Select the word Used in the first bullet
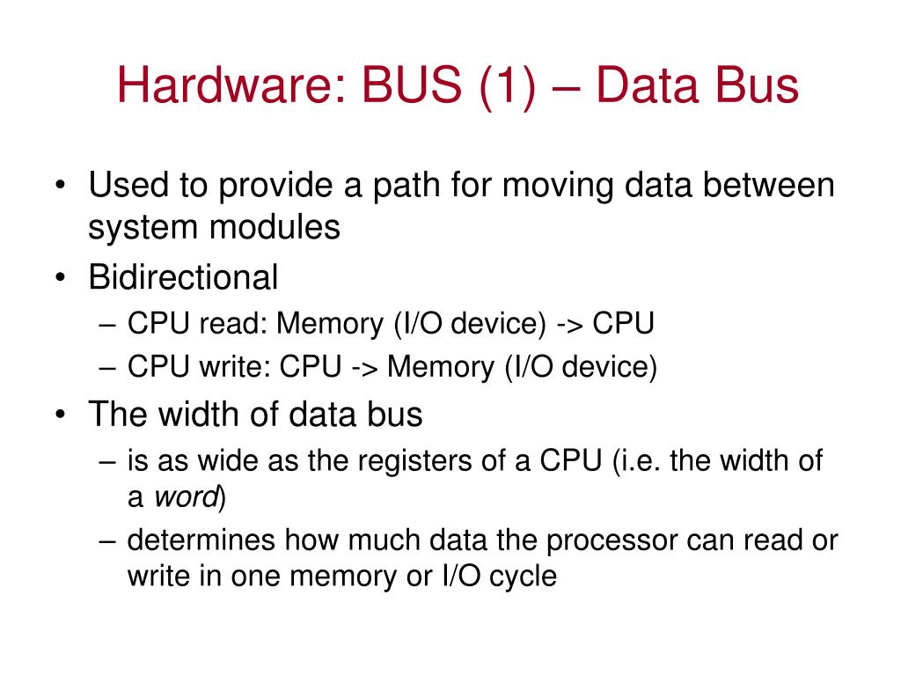pyautogui.click(x=122, y=186)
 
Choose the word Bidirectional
pyautogui.click(x=183, y=278)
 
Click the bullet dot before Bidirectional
pyautogui.click(x=60, y=279)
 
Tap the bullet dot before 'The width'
pyautogui.click(x=60, y=415)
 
